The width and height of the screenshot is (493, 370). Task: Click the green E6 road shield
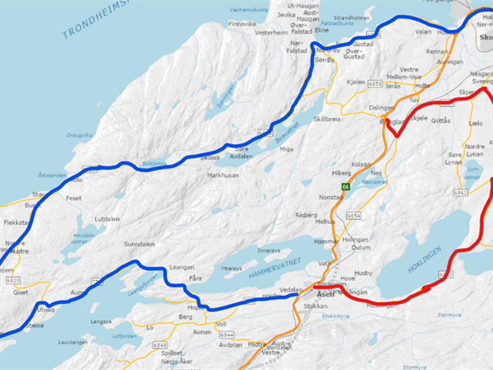(346, 186)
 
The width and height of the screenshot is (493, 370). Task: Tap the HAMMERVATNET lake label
(275, 268)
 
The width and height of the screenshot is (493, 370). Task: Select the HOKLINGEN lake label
(424, 259)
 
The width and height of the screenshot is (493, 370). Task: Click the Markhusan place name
(223, 175)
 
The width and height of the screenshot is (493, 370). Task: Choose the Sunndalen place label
(139, 244)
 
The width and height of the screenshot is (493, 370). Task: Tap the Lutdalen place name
(107, 219)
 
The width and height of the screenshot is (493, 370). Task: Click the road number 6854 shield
(353, 216)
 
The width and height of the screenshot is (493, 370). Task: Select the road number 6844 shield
(227, 335)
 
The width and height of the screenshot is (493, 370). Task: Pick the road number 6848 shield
(160, 345)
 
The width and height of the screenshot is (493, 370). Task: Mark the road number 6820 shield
(13, 280)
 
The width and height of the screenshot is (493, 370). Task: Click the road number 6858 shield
(375, 84)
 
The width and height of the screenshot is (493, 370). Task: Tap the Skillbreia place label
(327, 119)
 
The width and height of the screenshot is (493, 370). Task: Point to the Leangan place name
(182, 267)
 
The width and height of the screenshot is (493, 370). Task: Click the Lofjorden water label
(124, 336)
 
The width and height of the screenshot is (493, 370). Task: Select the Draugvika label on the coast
(79, 135)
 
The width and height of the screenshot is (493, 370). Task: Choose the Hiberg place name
(341, 173)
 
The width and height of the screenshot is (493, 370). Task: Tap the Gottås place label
(441, 121)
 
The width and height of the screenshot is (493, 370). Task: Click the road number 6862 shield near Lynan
(461, 193)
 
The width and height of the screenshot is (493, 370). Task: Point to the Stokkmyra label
(335, 316)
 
